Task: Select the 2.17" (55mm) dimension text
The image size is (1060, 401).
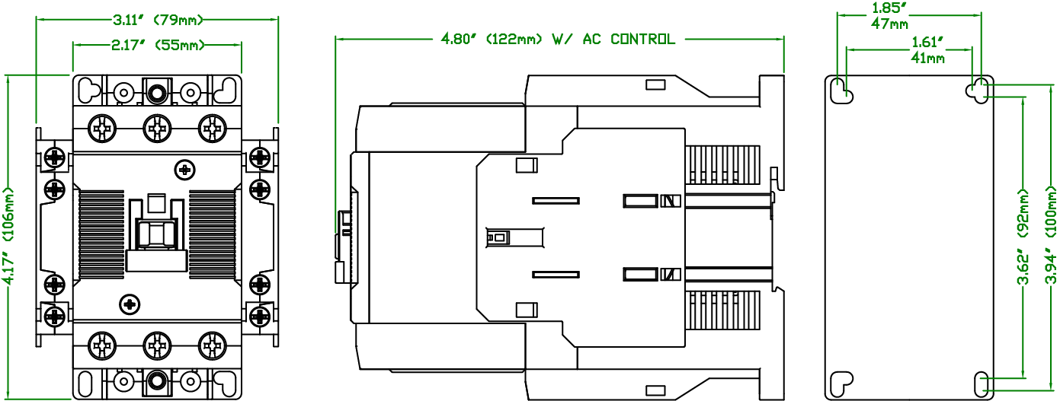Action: [158, 46]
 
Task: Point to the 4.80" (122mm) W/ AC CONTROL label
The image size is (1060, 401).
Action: [558, 39]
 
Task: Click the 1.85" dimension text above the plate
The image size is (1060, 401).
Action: [887, 8]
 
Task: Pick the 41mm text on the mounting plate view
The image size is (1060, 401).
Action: [927, 58]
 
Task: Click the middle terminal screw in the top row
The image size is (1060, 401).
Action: [157, 129]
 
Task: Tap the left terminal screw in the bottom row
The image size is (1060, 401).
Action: [101, 346]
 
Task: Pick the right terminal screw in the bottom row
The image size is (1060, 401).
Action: [213, 346]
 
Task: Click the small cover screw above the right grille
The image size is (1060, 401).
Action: [184, 170]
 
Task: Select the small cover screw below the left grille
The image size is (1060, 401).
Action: [130, 304]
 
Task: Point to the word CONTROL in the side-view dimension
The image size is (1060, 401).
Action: [642, 39]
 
